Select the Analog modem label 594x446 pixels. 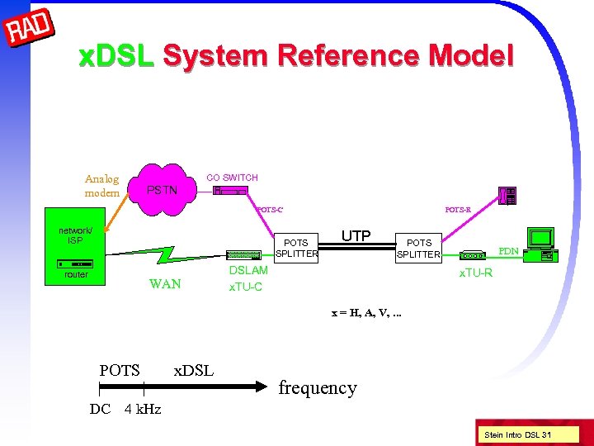point(101,185)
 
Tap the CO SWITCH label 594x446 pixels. point(232,178)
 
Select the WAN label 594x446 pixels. point(165,285)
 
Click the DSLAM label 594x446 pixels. point(247,271)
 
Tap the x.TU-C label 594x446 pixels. point(246,287)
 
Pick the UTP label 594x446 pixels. point(356,236)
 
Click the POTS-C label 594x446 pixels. point(270,210)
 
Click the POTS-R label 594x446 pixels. point(458,210)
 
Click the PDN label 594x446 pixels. point(508,250)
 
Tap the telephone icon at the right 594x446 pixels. point(508,196)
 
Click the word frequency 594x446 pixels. point(318,387)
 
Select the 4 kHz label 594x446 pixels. point(143,409)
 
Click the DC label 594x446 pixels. point(100,409)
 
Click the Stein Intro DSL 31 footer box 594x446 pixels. point(518,435)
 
